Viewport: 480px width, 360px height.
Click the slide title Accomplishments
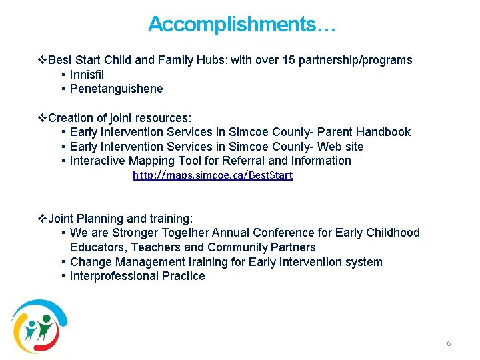click(241, 25)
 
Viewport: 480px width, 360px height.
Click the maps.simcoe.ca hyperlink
click(213, 175)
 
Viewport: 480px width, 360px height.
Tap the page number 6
click(449, 343)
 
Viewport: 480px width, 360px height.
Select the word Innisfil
click(87, 75)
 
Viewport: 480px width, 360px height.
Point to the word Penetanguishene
click(116, 89)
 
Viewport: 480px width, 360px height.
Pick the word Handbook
click(383, 132)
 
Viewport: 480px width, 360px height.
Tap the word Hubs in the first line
click(210, 60)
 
